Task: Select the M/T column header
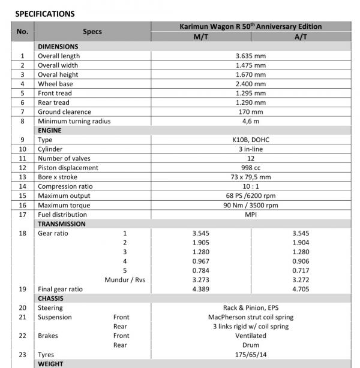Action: click(200, 37)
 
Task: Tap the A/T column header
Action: click(301, 37)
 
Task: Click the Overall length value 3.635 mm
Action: click(250, 56)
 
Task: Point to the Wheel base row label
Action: click(55, 84)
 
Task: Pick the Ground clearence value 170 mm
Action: click(250, 111)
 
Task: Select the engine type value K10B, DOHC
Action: click(250, 140)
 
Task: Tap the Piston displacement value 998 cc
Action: click(250, 168)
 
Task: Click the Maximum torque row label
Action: click(64, 205)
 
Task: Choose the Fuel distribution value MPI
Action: click(250, 214)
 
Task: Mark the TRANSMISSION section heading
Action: click(62, 224)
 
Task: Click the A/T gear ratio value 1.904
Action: click(301, 242)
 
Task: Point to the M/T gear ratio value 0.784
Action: click(200, 270)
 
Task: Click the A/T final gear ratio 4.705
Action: click(301, 289)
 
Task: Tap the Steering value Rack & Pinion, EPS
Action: click(250, 307)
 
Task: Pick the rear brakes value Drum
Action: click(250, 345)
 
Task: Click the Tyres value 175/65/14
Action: click(250, 354)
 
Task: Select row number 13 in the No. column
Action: click(22, 177)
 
